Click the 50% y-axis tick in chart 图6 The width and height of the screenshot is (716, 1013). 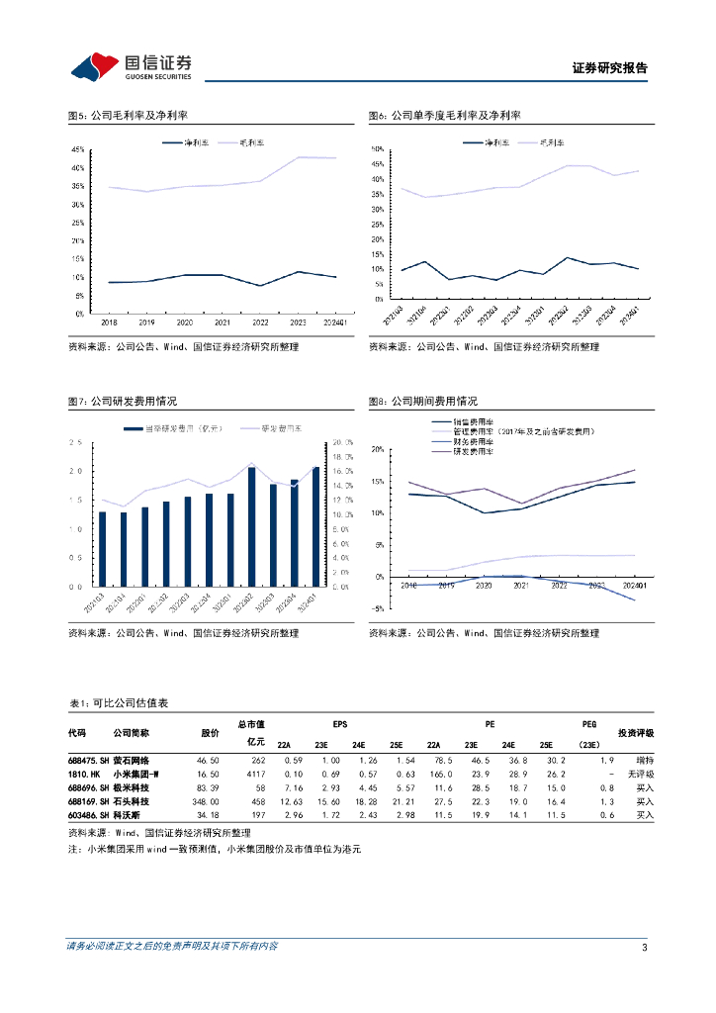[377, 149]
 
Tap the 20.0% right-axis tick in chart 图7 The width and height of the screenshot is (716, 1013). [343, 442]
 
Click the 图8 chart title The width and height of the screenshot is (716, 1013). [422, 402]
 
